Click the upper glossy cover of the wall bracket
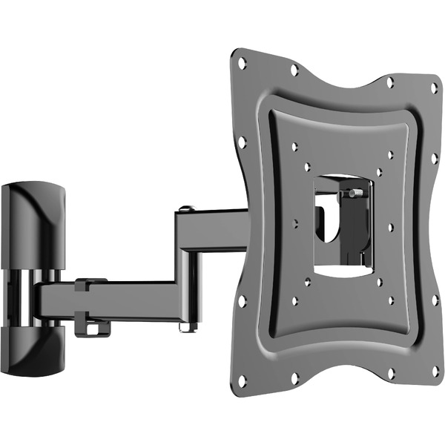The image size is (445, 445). click(x=33, y=222)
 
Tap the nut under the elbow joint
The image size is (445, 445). click(x=187, y=325)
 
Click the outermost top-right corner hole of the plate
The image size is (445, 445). click(x=434, y=88)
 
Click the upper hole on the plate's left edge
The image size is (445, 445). click(x=242, y=141)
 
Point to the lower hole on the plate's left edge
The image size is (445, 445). click(x=243, y=301)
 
